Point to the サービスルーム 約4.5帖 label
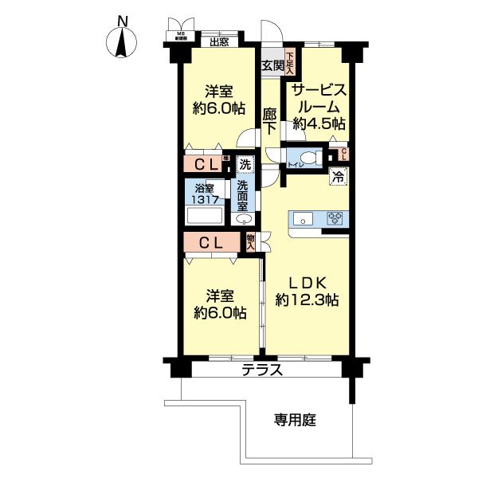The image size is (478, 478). click(319, 106)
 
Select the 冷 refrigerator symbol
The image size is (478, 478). click(338, 177)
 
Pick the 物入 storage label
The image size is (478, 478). click(251, 241)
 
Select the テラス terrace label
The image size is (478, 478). click(261, 370)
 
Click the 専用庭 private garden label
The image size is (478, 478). click(296, 420)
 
